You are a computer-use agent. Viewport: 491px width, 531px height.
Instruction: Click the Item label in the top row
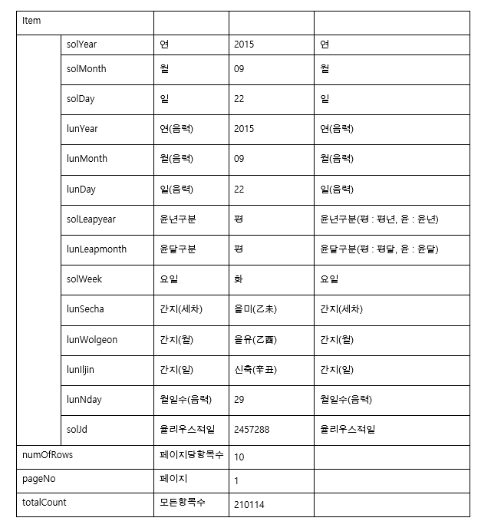(31, 21)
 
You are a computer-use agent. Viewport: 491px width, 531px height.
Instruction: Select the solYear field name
(81, 45)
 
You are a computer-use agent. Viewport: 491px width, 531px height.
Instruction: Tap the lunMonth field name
(87, 159)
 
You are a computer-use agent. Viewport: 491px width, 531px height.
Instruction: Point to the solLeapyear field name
(91, 219)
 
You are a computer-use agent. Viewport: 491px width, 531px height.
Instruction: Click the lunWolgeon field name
(92, 340)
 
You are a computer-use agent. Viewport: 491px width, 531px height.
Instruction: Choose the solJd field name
(77, 430)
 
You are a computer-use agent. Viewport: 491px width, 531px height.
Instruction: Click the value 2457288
(252, 430)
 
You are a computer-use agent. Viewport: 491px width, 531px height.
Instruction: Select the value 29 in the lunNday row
(239, 400)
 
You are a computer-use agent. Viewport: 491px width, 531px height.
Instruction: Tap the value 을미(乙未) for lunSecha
(255, 309)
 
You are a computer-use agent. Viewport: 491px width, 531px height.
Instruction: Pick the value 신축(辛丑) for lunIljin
(255, 370)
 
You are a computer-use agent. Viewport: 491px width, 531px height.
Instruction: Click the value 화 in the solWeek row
(239, 279)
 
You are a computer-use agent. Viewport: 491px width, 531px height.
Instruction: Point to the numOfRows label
(48, 454)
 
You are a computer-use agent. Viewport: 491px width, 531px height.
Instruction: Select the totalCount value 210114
(249, 505)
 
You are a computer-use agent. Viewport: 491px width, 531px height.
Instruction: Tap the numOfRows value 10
(239, 457)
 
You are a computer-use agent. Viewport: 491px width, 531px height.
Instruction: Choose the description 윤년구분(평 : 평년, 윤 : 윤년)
(379, 219)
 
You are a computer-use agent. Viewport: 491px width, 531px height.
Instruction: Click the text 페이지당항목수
(191, 454)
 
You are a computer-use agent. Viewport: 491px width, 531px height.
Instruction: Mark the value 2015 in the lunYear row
(244, 129)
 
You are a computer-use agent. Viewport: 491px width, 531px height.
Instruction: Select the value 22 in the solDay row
(239, 99)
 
